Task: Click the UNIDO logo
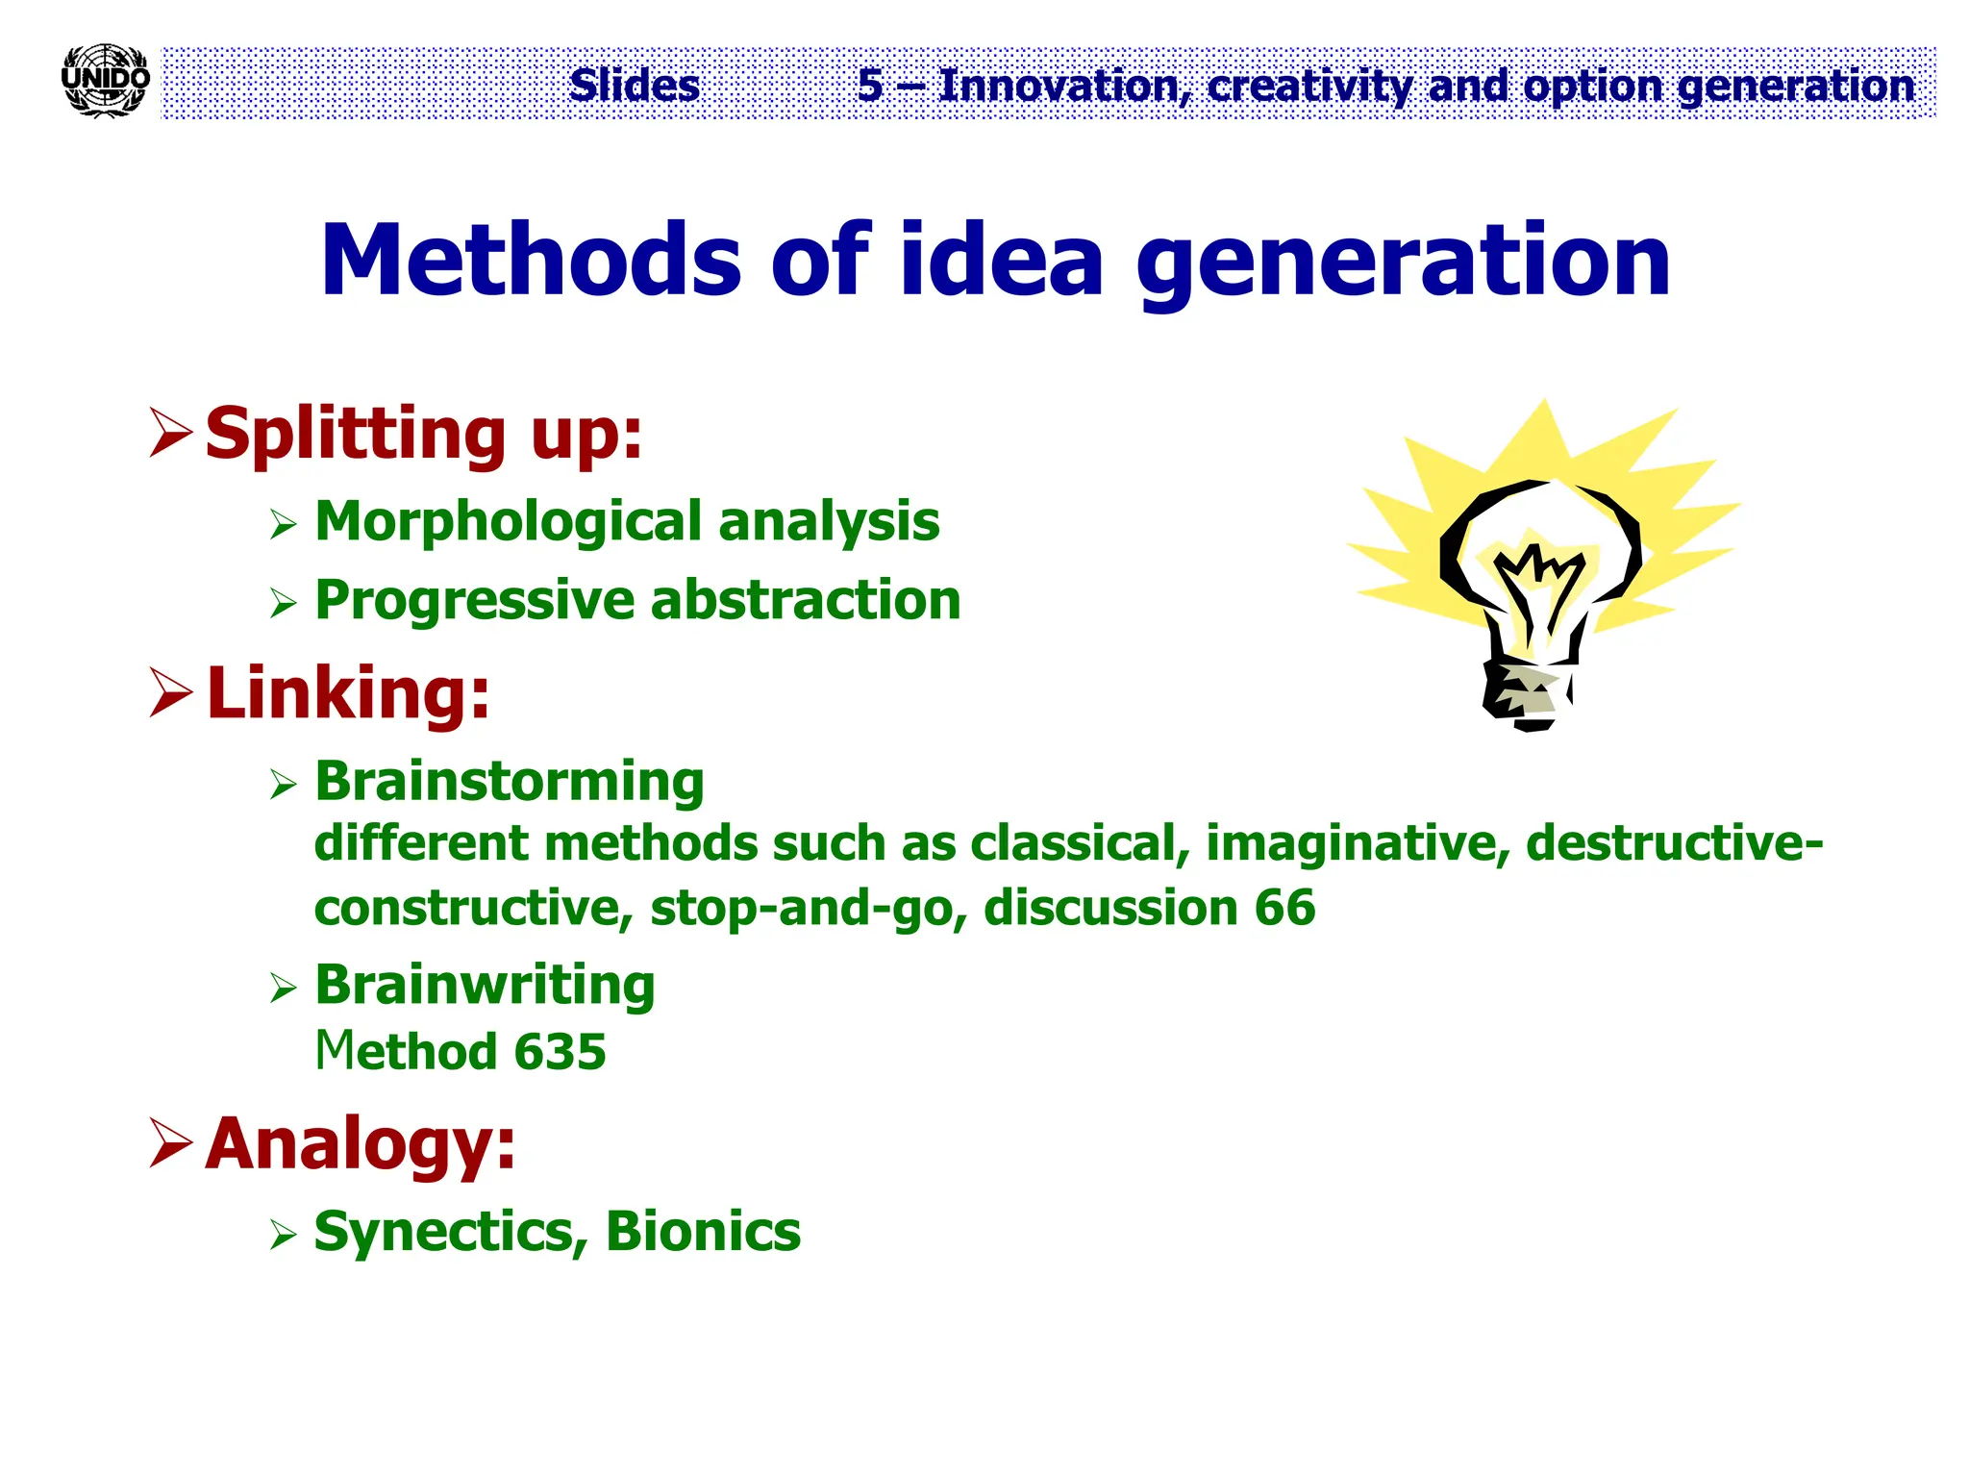tap(105, 81)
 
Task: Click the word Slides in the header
tap(634, 86)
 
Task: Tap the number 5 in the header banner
tap(869, 86)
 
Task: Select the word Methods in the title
tap(530, 261)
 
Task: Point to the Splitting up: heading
tap(423, 434)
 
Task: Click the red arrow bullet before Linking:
tap(171, 693)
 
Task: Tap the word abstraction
tap(806, 600)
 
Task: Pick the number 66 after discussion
tap(1284, 908)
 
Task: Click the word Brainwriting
tap(485, 985)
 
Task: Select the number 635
tap(560, 1051)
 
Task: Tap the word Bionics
tap(703, 1231)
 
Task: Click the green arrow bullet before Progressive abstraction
tap(283, 603)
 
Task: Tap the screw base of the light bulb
tap(1526, 693)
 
